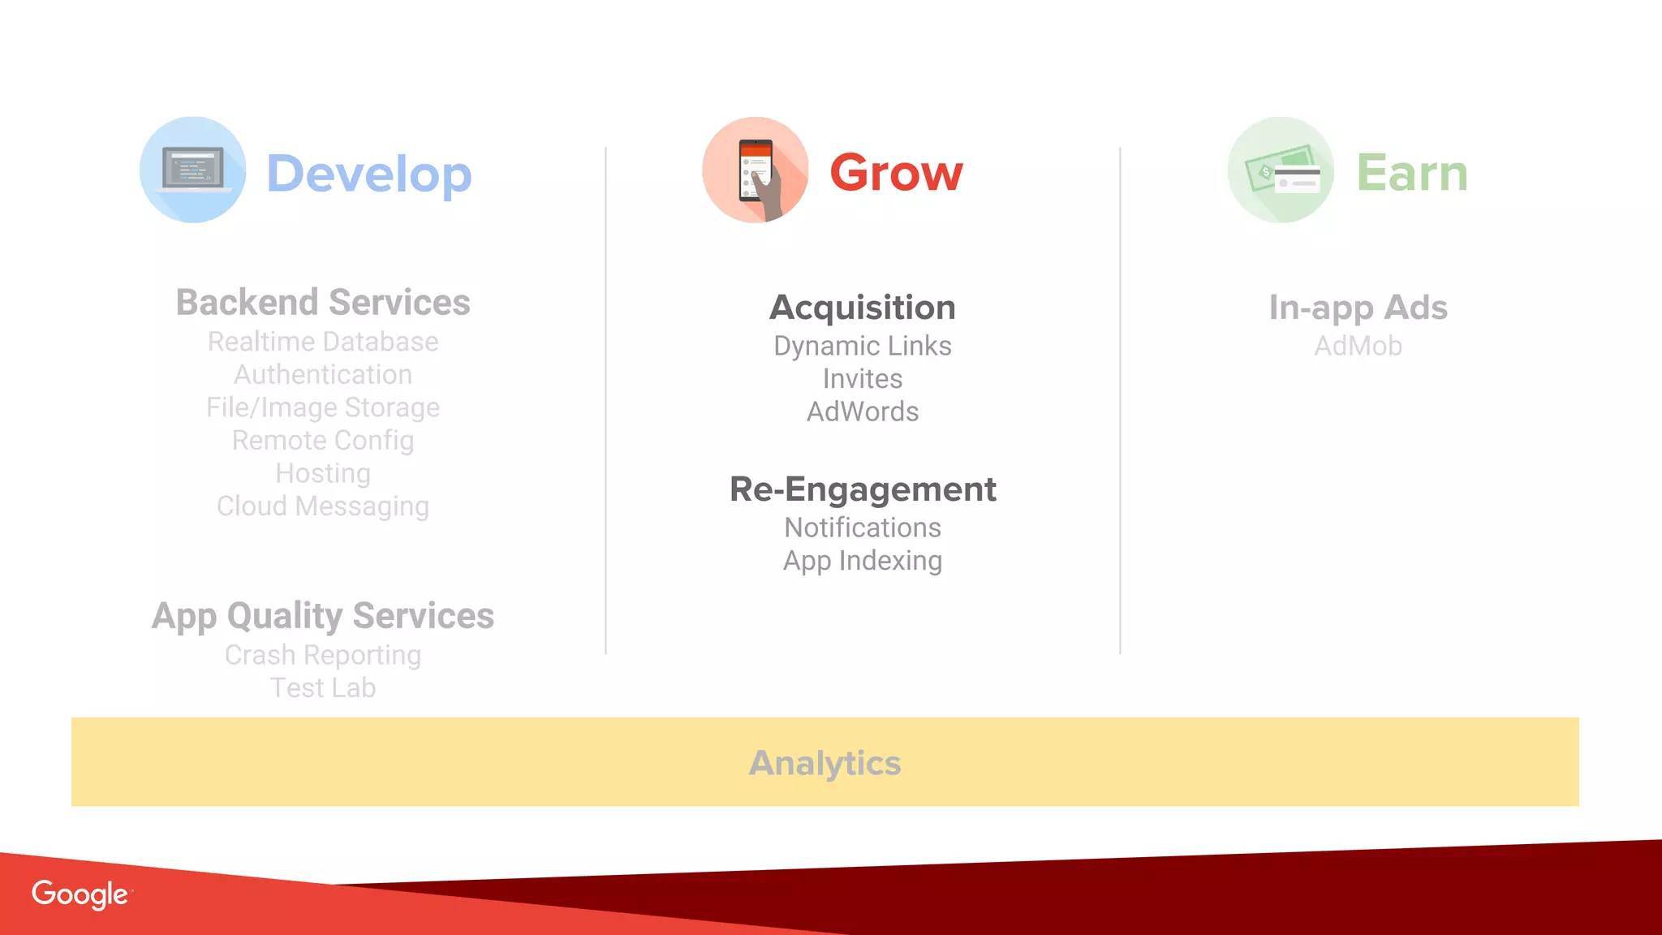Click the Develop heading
pyautogui.click(x=369, y=174)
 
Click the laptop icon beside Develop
pyautogui.click(x=193, y=170)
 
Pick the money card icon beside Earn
pyautogui.click(x=1281, y=170)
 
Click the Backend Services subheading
pyautogui.click(x=323, y=302)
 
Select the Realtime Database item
pyautogui.click(x=323, y=342)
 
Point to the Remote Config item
pyautogui.click(x=323, y=440)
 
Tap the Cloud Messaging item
pyautogui.click(x=323, y=506)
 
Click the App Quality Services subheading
pyautogui.click(x=323, y=615)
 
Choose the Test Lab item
pyautogui.click(x=323, y=687)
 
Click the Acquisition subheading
pyautogui.click(x=863, y=308)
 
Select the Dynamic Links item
pyautogui.click(x=863, y=346)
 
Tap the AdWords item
pyautogui.click(x=863, y=411)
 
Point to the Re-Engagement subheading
pyautogui.click(x=863, y=489)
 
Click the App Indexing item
pyautogui.click(x=863, y=561)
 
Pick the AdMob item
pyautogui.click(x=1358, y=346)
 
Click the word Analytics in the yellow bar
pyautogui.click(x=825, y=763)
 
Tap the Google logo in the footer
pyautogui.click(x=80, y=894)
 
